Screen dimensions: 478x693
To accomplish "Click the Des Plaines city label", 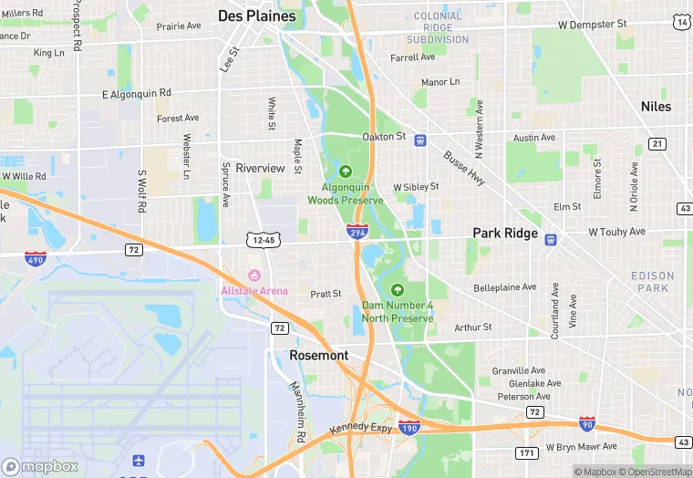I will tap(257, 16).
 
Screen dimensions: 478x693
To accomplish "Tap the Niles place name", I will tap(656, 107).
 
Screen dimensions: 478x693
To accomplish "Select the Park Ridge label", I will tap(505, 234).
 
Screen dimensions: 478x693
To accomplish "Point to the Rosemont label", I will tap(319, 355).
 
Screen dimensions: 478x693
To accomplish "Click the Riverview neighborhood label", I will tap(261, 169).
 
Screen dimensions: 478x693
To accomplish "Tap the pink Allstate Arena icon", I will tap(254, 275).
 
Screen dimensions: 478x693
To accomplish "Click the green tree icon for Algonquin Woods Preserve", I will tap(346, 171).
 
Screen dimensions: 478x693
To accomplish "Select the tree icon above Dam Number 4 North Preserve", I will tap(397, 289).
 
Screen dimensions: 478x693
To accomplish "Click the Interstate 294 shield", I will tap(357, 232).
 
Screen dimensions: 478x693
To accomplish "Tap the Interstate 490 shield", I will tap(36, 259).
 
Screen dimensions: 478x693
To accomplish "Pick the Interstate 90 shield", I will tap(588, 424).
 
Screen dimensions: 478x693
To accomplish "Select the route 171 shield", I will tap(525, 452).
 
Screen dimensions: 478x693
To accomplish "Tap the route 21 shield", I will tap(657, 143).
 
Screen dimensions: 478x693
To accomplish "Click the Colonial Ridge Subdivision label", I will tap(438, 28).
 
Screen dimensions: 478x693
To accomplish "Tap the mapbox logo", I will tap(40, 466).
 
